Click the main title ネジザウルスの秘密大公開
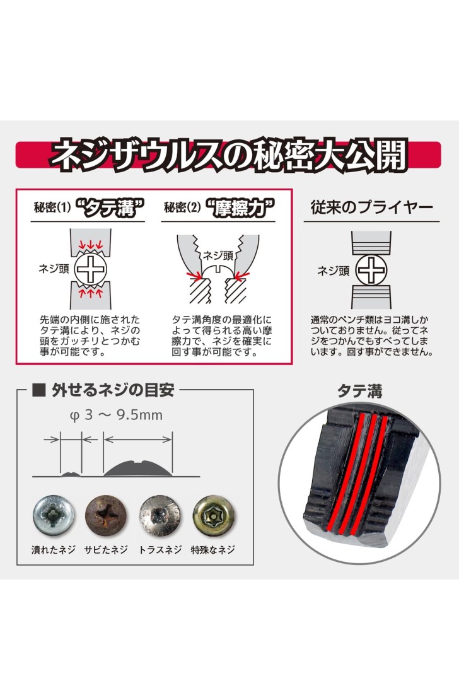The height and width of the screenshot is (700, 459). pos(228,155)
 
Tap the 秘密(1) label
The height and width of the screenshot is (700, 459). pos(52,208)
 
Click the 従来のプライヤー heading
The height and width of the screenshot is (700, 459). pos(371,207)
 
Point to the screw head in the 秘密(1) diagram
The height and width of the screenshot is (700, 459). pos(91,269)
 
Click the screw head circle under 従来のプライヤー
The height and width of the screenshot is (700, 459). pos(371,271)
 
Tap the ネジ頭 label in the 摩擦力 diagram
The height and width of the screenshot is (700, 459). pos(218,255)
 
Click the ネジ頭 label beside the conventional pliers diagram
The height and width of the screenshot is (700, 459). pos(334,271)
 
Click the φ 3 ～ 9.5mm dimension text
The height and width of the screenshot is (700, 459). pos(115,415)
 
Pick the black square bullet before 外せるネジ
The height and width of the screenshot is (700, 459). pos(39,390)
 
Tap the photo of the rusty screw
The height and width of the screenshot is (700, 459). pos(106,516)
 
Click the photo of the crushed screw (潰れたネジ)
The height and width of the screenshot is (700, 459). pos(53,516)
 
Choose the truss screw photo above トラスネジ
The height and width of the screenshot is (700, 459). pos(160,516)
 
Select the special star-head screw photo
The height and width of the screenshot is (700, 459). pos(214,516)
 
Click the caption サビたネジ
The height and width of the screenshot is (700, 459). pos(107,550)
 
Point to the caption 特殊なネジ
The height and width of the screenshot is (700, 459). pos(214,550)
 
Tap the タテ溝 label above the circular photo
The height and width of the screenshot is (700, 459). pos(360,391)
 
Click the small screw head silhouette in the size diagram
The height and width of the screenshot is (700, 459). pos(71,474)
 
